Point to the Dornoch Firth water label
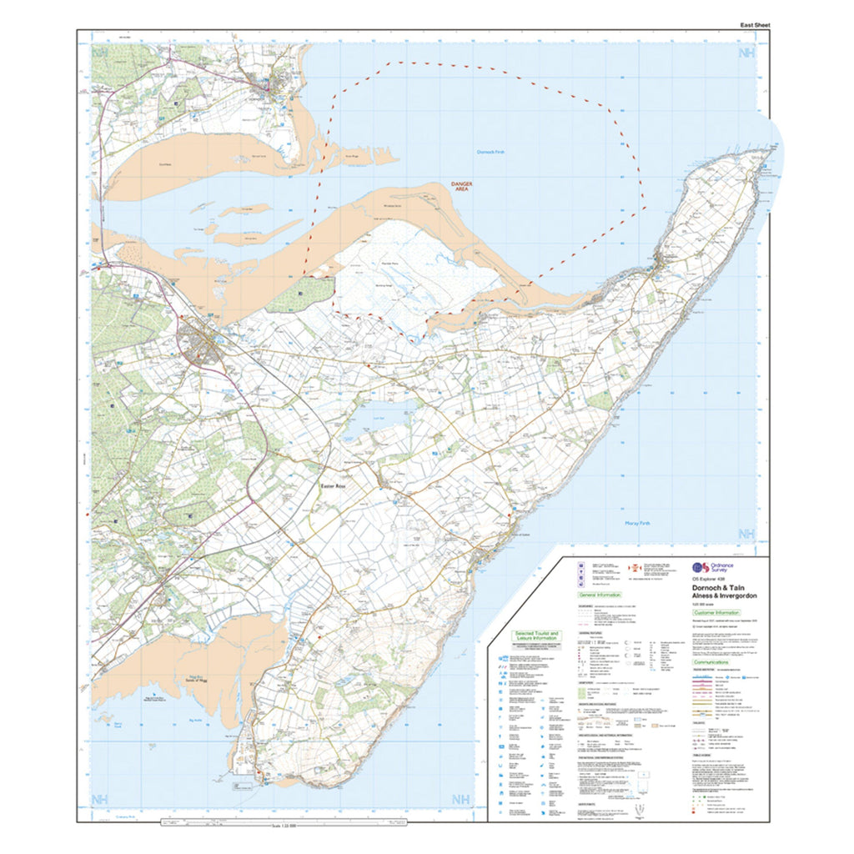490,152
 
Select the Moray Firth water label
636,523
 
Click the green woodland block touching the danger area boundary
311,294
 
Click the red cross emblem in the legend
631,567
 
